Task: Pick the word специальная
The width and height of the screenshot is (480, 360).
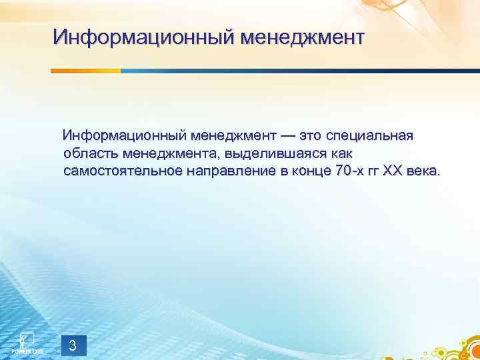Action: [371, 136]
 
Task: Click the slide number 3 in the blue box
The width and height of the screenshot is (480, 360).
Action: [73, 345]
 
